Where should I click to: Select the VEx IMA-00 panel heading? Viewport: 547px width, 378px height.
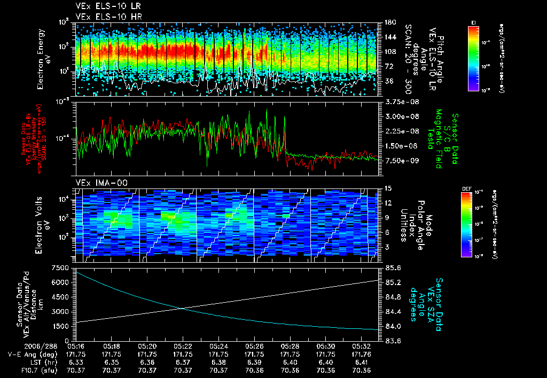[99, 183]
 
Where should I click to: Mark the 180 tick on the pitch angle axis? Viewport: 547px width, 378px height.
[389, 22]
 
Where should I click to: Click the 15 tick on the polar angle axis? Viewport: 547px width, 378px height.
[388, 188]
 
